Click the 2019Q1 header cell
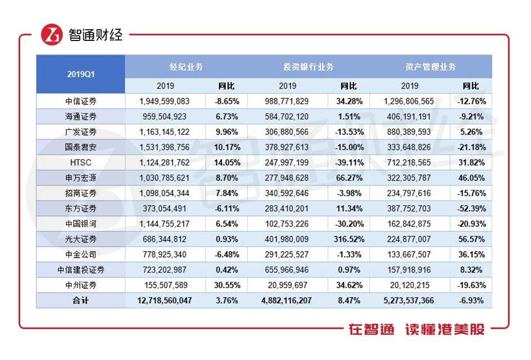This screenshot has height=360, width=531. (80, 74)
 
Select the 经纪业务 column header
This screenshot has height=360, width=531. (186, 66)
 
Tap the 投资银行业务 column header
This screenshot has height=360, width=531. (308, 66)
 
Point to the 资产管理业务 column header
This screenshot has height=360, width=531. (430, 66)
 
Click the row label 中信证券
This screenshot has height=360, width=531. (80, 102)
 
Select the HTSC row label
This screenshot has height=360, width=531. (80, 163)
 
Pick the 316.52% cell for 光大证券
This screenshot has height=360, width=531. (348, 239)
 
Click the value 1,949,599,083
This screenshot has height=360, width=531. (165, 102)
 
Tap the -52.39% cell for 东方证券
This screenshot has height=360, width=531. (470, 209)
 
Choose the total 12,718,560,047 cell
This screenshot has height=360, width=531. (165, 300)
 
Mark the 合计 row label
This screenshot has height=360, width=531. (80, 300)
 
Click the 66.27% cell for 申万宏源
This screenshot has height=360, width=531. (348, 178)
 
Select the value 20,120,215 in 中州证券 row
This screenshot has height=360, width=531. (409, 285)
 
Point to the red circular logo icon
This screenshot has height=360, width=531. (51, 35)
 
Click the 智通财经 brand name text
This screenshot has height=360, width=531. (96, 35)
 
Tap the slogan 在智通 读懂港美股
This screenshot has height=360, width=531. (416, 329)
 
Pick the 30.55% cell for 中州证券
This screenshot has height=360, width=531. (226, 285)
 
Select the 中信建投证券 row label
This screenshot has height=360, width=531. (80, 270)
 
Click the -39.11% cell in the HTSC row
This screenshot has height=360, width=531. (348, 163)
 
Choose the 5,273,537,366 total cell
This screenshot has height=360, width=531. (409, 300)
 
